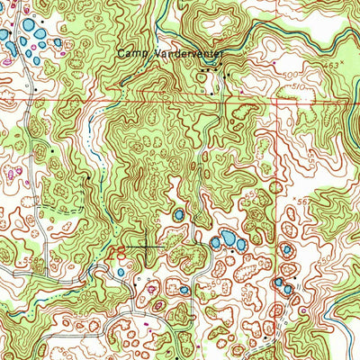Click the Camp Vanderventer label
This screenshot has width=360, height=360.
(168, 54)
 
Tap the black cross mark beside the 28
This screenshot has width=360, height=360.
(144, 245)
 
